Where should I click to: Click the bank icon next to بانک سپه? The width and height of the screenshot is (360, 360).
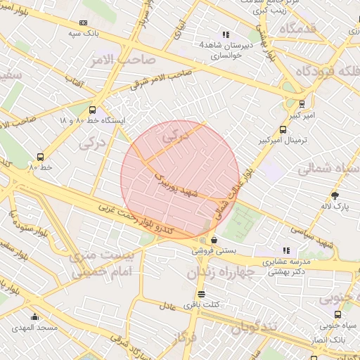coord(84,23)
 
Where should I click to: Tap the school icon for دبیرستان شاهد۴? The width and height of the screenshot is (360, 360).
coord(226,34)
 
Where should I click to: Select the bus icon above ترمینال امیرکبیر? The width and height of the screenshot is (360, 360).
coord(283,129)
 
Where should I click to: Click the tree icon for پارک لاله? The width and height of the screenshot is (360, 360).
coord(335,195)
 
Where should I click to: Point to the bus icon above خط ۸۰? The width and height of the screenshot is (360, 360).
coord(40,157)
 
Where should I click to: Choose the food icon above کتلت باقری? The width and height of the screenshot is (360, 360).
coord(202,294)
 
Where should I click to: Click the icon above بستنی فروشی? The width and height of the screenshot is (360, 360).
coord(214,240)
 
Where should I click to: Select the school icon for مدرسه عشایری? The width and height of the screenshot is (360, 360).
coord(285,250)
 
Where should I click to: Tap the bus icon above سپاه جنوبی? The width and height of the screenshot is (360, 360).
coord(338,315)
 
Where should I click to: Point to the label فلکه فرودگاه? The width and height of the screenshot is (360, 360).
coord(326,72)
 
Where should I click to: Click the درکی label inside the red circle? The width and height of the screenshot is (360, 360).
coord(176,139)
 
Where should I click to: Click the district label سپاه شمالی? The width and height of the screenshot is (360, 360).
coord(328,169)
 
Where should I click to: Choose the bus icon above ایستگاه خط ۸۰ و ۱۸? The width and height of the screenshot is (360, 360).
coord(92,110)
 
